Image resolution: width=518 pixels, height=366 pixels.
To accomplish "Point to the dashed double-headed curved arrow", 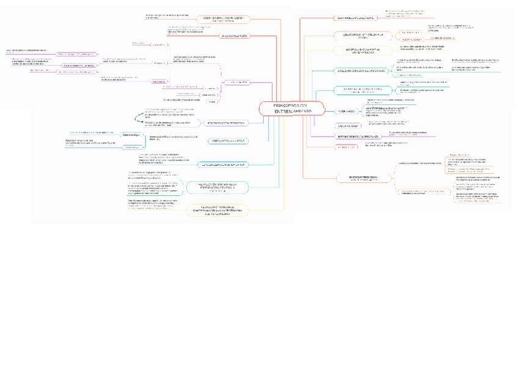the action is [x=138, y=117].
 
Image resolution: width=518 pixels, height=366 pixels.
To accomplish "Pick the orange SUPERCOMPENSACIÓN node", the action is [x=359, y=178].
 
